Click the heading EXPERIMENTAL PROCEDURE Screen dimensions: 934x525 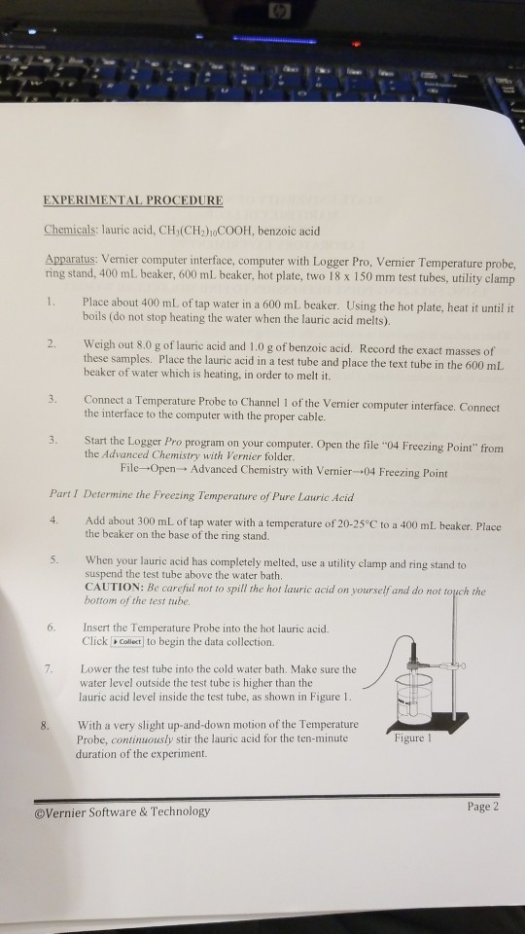point(133,201)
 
